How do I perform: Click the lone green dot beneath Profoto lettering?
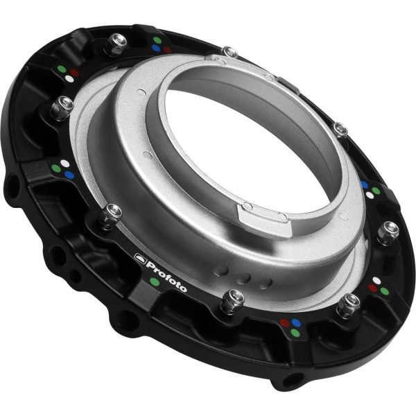[154, 281]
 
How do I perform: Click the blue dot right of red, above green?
[296, 322]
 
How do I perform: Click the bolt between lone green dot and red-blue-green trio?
[230, 298]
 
